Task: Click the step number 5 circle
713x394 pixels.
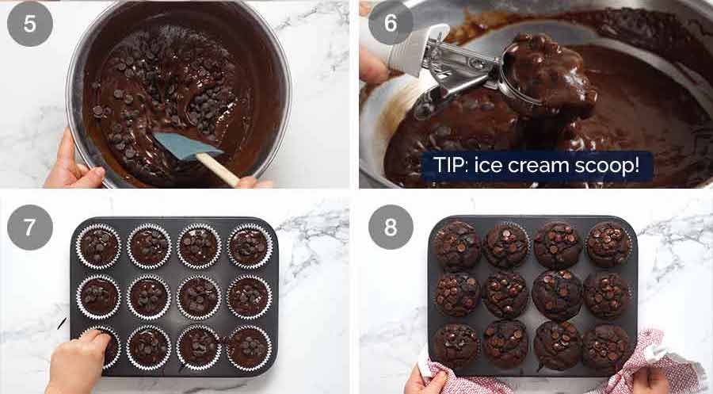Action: pyautogui.click(x=30, y=25)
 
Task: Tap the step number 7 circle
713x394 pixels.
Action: pyautogui.click(x=30, y=227)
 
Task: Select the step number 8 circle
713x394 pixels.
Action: pyautogui.click(x=390, y=227)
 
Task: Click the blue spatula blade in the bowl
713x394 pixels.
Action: pyautogui.click(x=177, y=144)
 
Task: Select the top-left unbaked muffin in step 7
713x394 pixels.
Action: pyautogui.click(x=98, y=246)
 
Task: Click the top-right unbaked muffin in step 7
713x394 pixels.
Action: pyautogui.click(x=248, y=246)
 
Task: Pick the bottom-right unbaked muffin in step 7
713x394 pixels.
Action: pyautogui.click(x=248, y=347)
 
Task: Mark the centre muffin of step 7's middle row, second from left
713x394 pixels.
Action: pyautogui.click(x=148, y=296)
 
